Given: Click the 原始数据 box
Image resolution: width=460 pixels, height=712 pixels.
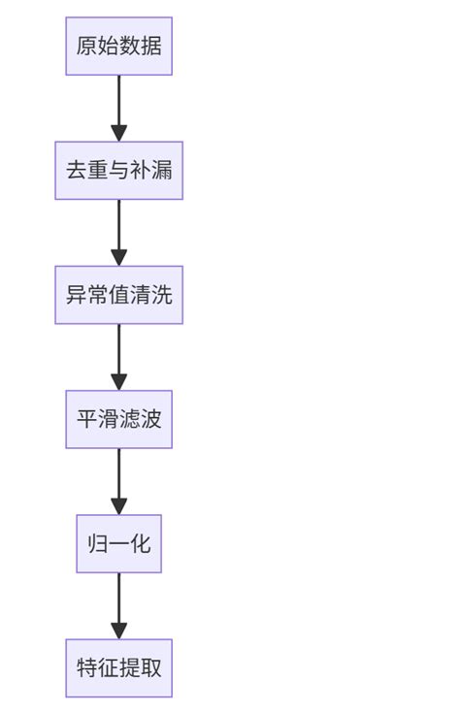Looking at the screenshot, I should (x=118, y=46).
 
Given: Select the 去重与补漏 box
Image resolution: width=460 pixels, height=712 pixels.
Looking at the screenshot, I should (x=118, y=170).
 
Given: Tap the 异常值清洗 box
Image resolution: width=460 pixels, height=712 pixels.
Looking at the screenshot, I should (x=118, y=294).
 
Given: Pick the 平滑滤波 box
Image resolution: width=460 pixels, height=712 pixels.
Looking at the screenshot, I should (x=118, y=419).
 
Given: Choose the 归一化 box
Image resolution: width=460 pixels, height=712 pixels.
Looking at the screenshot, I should (x=118, y=543).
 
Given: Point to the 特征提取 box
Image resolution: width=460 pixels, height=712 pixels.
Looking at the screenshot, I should (x=118, y=667).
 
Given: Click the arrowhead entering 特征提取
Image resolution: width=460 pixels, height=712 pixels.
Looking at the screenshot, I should (x=118, y=631).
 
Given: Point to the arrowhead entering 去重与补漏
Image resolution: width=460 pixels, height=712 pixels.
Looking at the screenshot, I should (x=118, y=134).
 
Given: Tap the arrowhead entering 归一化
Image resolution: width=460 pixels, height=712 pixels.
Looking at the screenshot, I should (x=118, y=506).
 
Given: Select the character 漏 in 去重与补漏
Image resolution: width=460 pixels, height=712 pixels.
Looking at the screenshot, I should (x=161, y=170).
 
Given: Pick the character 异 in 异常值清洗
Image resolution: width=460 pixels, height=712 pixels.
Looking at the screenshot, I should (x=76, y=294).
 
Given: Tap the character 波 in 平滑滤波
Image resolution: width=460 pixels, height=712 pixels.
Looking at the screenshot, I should (x=150, y=419).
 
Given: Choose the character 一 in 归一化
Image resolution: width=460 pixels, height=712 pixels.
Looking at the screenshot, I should (x=118, y=543).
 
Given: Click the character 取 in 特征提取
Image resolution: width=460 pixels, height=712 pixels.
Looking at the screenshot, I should (x=150, y=667).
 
